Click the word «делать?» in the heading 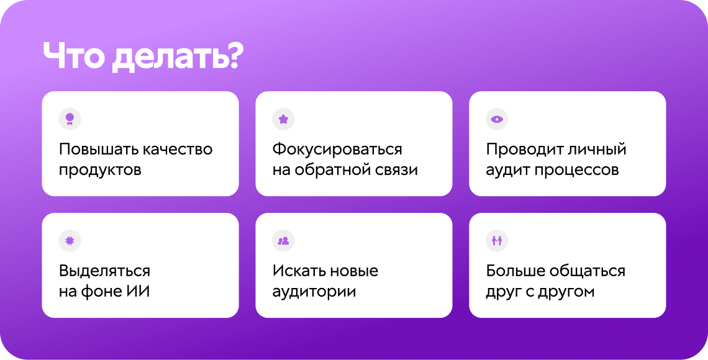(x=178, y=58)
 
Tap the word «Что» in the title (x=74, y=58)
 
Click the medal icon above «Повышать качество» (x=70, y=119)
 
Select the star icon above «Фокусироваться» (x=283, y=119)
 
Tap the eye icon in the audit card (x=497, y=119)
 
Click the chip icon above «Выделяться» (x=70, y=240)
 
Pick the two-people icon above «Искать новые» (x=283, y=240)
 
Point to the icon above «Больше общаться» (x=497, y=240)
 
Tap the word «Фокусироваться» (x=337, y=150)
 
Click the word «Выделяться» (x=104, y=271)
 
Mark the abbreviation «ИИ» (x=138, y=291)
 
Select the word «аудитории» (x=314, y=291)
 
